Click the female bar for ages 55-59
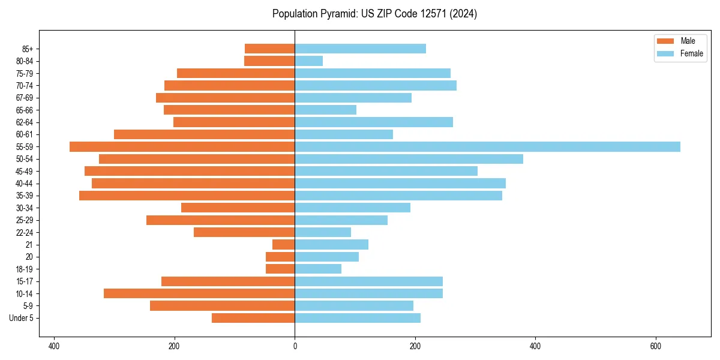point(487,147)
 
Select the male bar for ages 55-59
point(182,147)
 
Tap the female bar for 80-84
point(308,61)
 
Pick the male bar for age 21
point(283,245)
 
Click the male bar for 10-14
point(199,293)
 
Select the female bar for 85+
point(360,49)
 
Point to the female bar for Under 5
point(358,318)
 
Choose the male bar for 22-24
point(244,232)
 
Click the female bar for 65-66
point(325,110)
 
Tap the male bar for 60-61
point(204,134)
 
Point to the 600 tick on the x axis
point(656,346)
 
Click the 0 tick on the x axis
point(295,346)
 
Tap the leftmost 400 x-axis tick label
point(54,346)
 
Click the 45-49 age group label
point(25,172)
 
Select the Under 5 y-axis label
point(21,318)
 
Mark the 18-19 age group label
point(25,269)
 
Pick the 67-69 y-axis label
point(25,98)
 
